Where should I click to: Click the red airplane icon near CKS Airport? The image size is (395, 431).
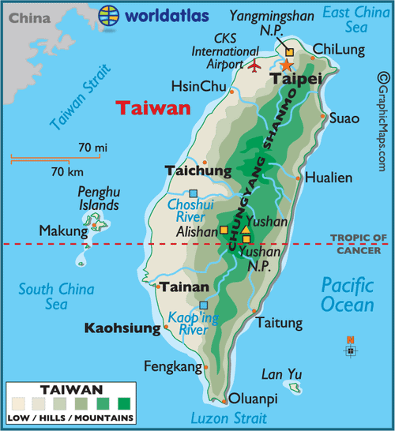point(254,66)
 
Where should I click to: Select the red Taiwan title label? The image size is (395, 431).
point(153,108)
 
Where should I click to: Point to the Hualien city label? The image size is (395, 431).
point(327,177)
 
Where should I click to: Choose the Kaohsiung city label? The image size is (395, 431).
point(122,328)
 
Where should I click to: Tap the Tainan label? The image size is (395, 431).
point(184,287)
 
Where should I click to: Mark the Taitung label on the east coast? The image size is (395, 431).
point(279,323)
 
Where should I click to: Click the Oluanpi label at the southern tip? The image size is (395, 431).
point(254,399)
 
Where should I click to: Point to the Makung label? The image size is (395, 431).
point(63,231)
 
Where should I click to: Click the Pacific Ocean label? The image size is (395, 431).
point(348,294)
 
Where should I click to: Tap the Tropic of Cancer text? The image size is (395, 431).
point(358,244)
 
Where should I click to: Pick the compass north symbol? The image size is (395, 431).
point(351,347)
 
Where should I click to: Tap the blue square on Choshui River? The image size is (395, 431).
point(194,193)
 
